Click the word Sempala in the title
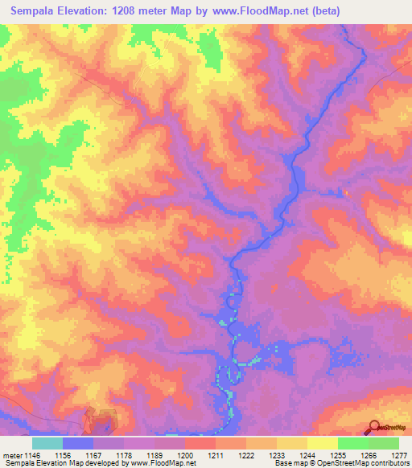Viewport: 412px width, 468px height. pyautogui.click(x=38, y=11)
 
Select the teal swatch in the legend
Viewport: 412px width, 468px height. pyautogui.click(x=47, y=443)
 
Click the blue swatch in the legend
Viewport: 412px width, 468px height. pyautogui.click(x=78, y=443)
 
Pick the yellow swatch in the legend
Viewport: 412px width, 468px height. pyautogui.click(x=323, y=443)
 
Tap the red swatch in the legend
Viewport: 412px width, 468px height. pyautogui.click(x=200, y=443)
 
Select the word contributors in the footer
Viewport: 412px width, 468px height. pyautogui.click(x=389, y=463)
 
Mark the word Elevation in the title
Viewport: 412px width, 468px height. pyautogui.click(x=92, y=11)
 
